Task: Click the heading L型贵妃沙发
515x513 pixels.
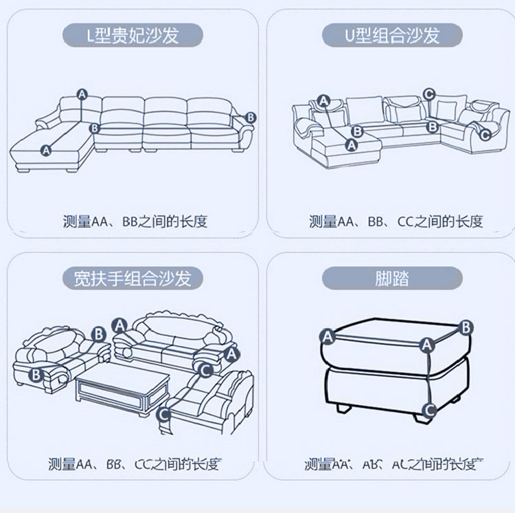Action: pyautogui.click(x=133, y=34)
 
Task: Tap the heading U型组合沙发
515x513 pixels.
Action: pyautogui.click(x=392, y=34)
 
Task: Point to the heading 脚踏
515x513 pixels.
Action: pyautogui.click(x=392, y=278)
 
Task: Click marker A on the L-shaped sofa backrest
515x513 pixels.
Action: pyautogui.click(x=82, y=94)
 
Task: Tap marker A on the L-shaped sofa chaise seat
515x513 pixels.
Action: pyautogui.click(x=46, y=149)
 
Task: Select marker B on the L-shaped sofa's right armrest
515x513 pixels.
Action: pyautogui.click(x=250, y=118)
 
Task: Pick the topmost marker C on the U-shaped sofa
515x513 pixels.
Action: pyautogui.click(x=428, y=94)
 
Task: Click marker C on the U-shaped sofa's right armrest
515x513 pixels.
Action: pyautogui.click(x=485, y=135)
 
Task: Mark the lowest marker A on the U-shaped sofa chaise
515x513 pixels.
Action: pyautogui.click(x=352, y=145)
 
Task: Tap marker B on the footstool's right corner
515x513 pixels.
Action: pyautogui.click(x=466, y=327)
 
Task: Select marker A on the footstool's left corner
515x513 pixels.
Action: pyautogui.click(x=328, y=336)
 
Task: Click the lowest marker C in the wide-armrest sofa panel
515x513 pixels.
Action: pyautogui.click(x=163, y=414)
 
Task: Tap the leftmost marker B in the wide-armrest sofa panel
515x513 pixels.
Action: pyautogui.click(x=36, y=375)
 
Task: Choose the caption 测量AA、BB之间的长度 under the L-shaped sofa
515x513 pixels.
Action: pyautogui.click(x=135, y=221)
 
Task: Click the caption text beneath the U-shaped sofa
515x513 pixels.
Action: pyautogui.click(x=396, y=221)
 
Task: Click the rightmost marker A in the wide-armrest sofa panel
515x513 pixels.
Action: pyautogui.click(x=231, y=353)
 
